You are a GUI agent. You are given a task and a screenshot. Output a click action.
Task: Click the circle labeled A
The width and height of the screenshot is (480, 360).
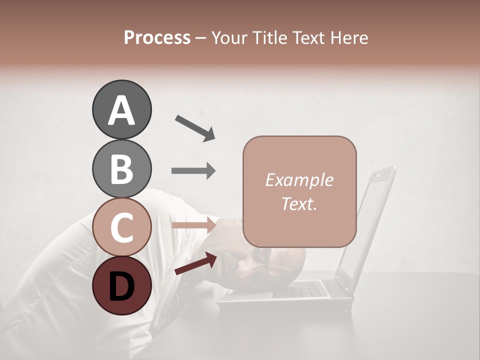click(x=121, y=109)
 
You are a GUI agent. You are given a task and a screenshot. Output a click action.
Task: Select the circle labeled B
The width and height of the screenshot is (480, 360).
click(x=121, y=168)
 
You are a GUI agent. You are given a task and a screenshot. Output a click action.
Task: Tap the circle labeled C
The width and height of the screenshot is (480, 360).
click(x=121, y=227)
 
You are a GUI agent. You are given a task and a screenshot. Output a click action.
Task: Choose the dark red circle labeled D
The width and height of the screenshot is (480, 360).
click(x=121, y=285)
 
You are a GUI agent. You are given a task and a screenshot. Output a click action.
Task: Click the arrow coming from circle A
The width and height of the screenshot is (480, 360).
click(x=194, y=127)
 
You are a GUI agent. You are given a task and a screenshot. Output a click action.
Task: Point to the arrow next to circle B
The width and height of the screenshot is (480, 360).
click(x=193, y=171)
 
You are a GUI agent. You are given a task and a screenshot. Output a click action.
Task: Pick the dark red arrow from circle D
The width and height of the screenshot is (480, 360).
click(x=195, y=263)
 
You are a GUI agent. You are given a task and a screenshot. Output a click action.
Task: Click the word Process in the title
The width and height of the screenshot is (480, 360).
click(x=157, y=37)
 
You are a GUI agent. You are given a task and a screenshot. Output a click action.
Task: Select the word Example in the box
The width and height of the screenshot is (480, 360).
click(x=299, y=180)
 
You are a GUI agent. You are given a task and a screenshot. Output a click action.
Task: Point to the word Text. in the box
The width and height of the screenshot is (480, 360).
click(x=299, y=203)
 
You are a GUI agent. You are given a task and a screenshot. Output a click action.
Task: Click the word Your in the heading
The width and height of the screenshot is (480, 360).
click(x=228, y=37)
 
